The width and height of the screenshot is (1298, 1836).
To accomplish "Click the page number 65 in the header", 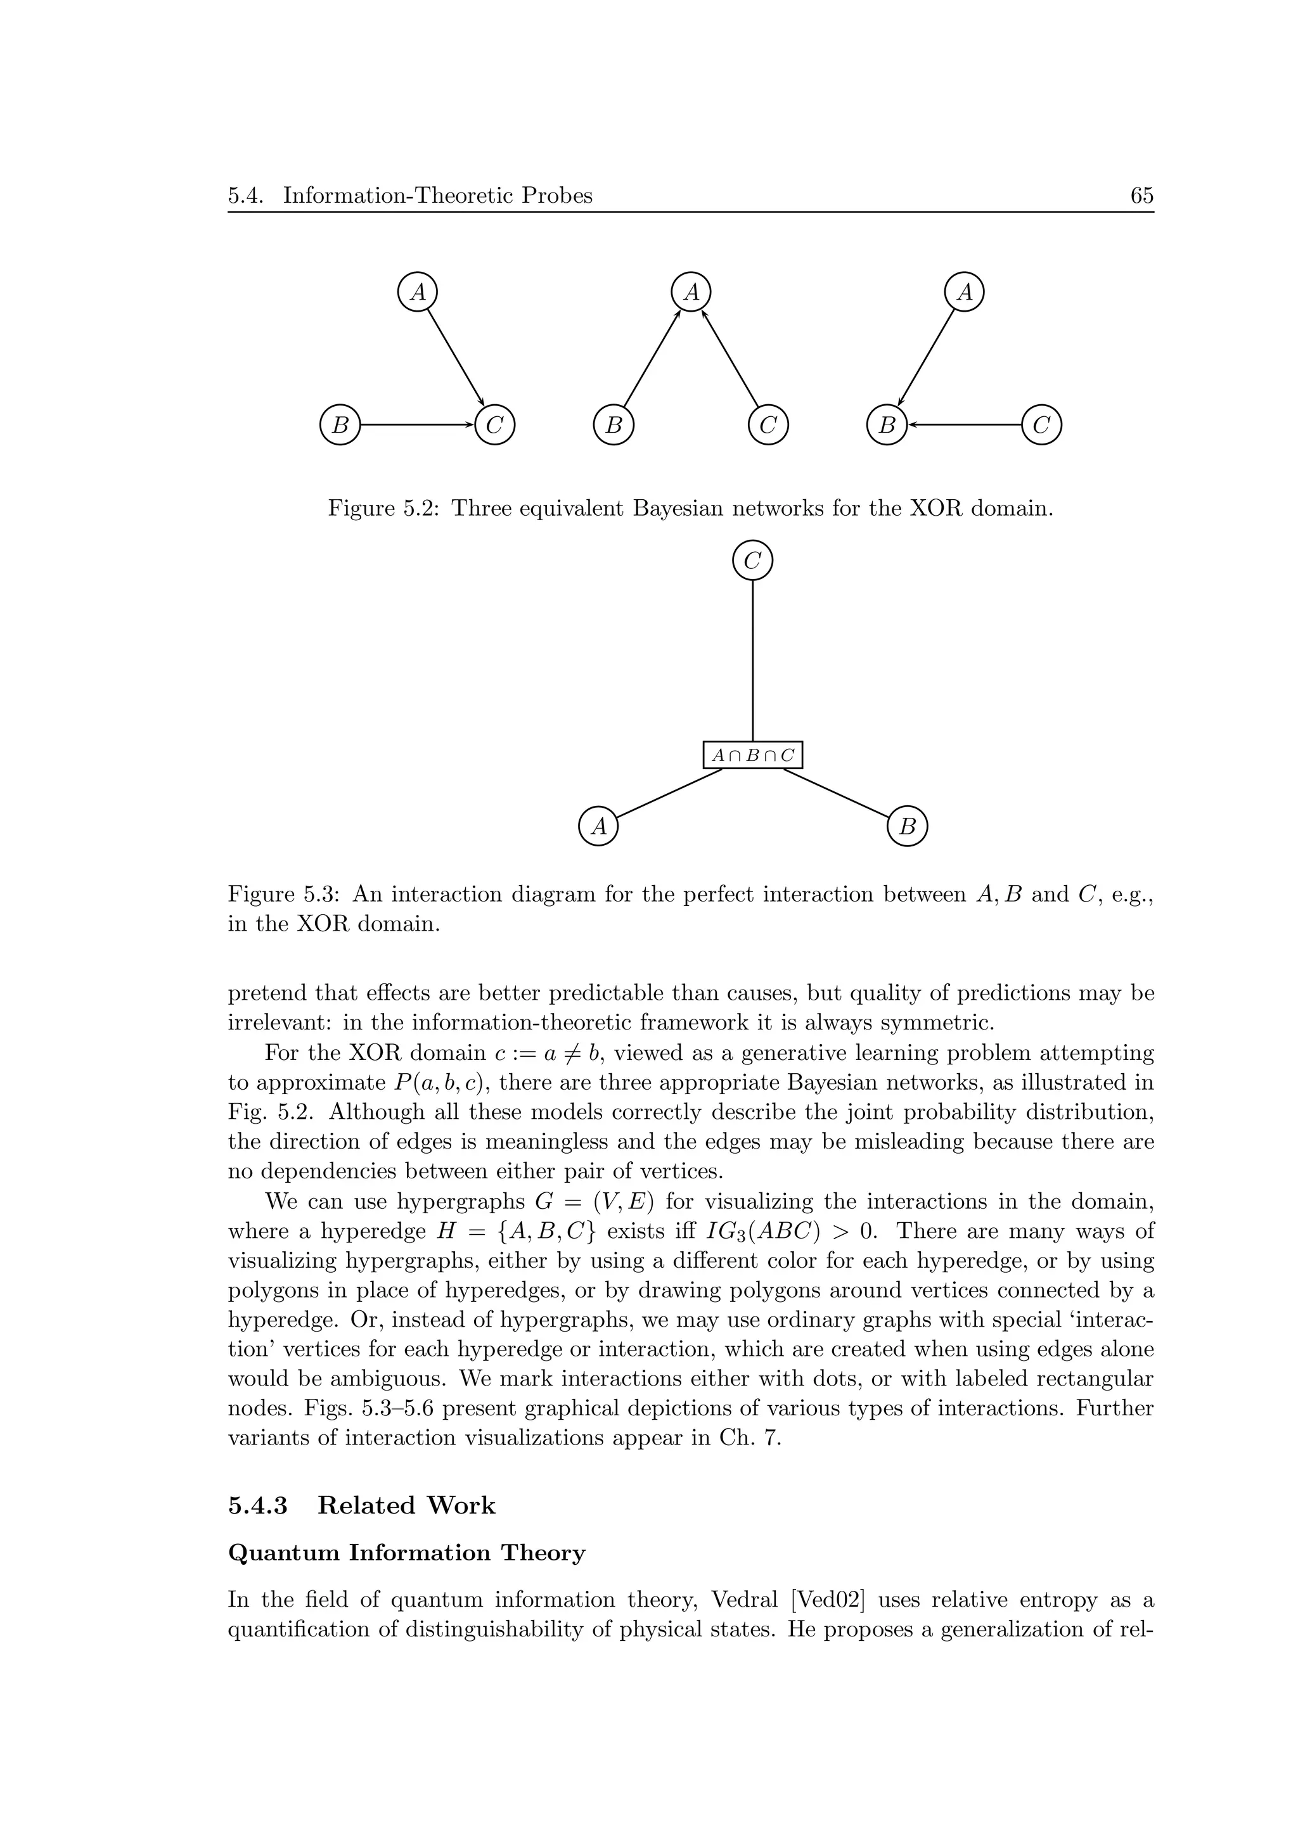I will click(1141, 196).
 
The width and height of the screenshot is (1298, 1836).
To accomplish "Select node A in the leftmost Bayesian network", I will click(418, 292).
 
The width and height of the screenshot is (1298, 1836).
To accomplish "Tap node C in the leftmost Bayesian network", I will click(494, 425).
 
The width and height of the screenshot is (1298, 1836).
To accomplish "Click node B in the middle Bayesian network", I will click(614, 425).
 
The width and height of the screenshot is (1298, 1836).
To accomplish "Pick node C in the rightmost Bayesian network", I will click(1041, 425).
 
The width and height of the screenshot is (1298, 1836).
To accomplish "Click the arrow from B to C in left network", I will click(416, 425).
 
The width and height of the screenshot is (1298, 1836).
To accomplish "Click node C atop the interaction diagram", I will click(752, 561).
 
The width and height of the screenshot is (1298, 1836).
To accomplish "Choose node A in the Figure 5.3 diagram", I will click(598, 826).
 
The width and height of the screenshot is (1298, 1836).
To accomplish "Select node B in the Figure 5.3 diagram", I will click(907, 826).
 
